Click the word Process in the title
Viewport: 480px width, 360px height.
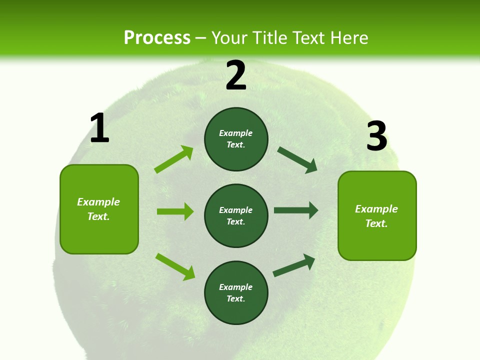click(157, 38)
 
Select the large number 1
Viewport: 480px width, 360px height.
click(99, 128)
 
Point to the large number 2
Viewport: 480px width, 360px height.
click(236, 75)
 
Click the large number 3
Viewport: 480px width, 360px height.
click(376, 136)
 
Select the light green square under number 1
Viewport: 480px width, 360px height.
click(99, 209)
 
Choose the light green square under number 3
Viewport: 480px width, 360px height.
click(377, 215)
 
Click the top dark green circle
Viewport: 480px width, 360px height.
click(236, 139)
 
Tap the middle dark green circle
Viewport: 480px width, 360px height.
click(236, 215)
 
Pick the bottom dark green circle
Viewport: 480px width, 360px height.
click(236, 292)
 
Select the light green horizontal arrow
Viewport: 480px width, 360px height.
click(175, 211)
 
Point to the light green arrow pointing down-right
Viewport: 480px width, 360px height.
click(175, 266)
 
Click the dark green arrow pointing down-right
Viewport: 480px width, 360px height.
click(297, 160)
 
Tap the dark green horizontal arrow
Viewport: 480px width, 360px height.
click(296, 210)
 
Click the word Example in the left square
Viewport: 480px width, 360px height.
click(98, 202)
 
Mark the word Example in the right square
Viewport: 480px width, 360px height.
click(376, 209)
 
